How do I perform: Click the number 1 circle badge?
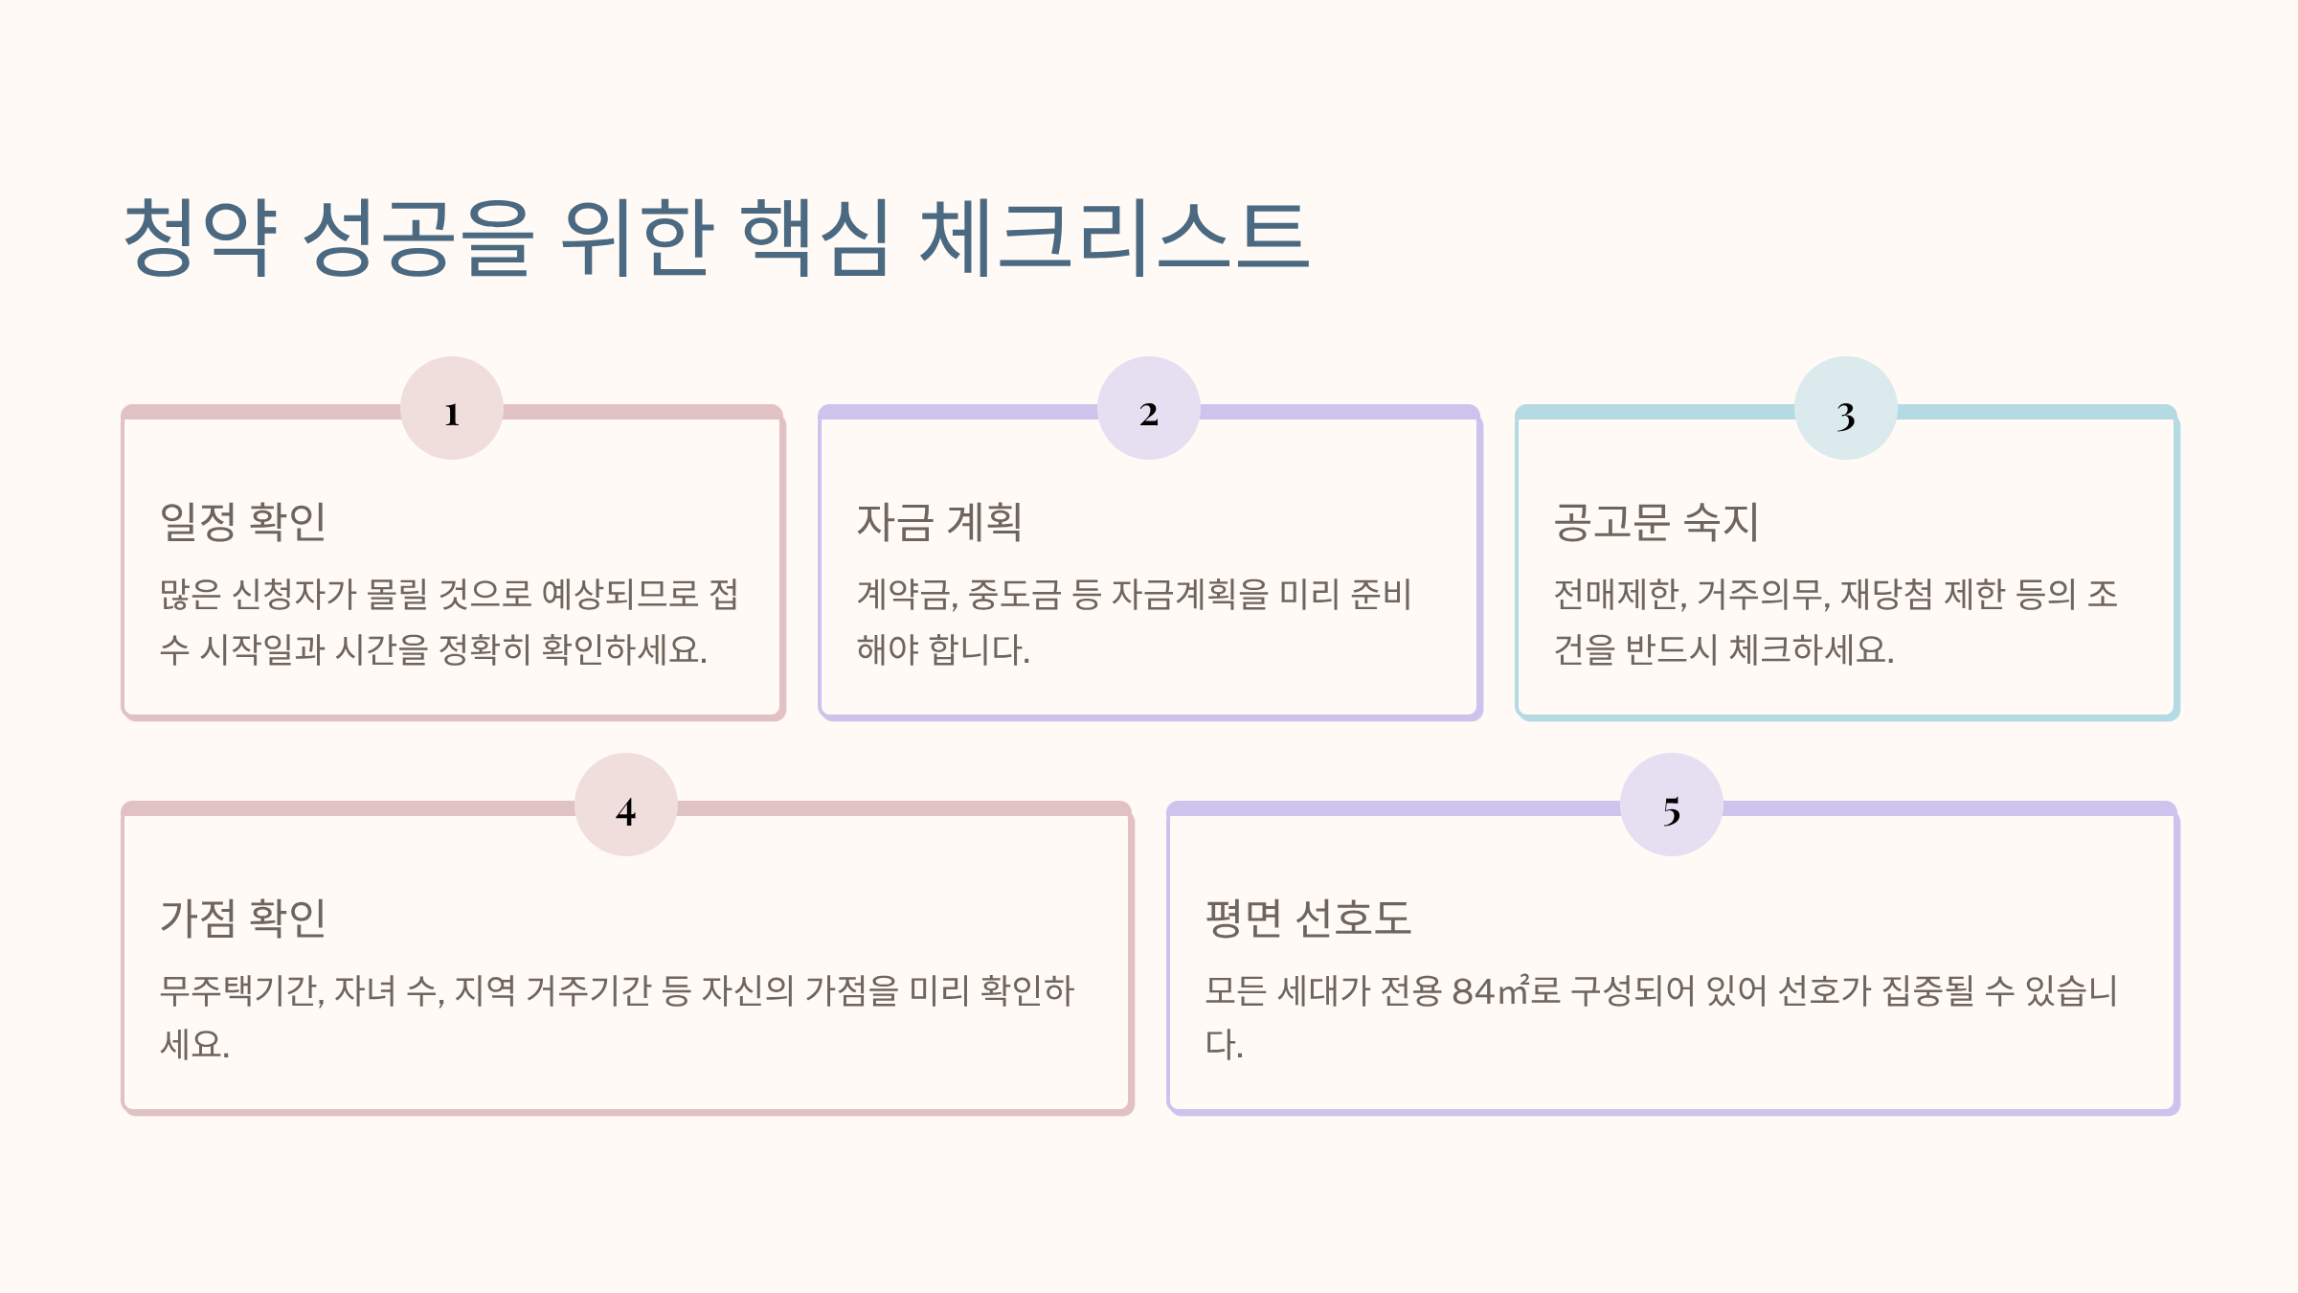pyautogui.click(x=452, y=409)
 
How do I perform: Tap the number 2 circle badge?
pyautogui.click(x=1149, y=409)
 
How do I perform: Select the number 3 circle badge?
pyautogui.click(x=1846, y=409)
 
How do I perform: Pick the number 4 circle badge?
pyautogui.click(x=626, y=805)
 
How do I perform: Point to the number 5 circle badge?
pyautogui.click(x=1672, y=805)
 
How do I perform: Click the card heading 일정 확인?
pyautogui.click(x=243, y=522)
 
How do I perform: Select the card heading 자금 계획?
pyautogui.click(x=939, y=522)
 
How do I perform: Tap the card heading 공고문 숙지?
pyautogui.click(x=1656, y=522)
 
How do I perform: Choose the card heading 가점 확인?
pyautogui.click(x=243, y=918)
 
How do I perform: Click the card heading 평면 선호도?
pyautogui.click(x=1308, y=918)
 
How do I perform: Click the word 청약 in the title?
pyautogui.click(x=201, y=237)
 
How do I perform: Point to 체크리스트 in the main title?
pyautogui.click(x=1114, y=237)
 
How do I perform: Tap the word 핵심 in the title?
pyautogui.click(x=816, y=237)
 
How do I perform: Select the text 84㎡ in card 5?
pyautogui.click(x=1491, y=990)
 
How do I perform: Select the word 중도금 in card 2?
pyautogui.click(x=1014, y=595)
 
